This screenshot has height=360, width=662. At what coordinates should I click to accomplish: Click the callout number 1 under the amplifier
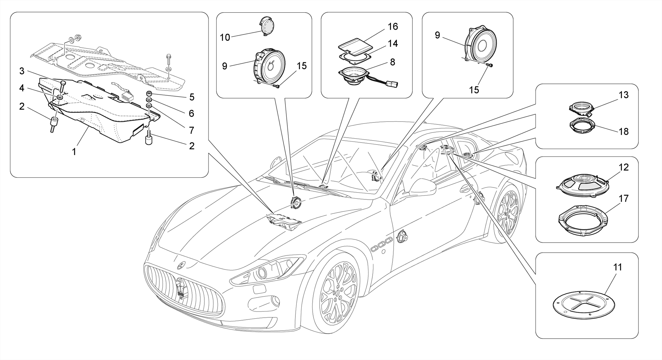click(74, 151)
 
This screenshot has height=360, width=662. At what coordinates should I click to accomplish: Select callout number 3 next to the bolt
click(22, 71)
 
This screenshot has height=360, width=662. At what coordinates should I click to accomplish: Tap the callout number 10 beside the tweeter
click(225, 37)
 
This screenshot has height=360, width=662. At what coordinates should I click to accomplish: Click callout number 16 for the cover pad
click(393, 26)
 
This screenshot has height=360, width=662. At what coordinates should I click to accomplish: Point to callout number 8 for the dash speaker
click(392, 62)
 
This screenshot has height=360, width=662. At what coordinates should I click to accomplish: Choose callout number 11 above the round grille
click(617, 267)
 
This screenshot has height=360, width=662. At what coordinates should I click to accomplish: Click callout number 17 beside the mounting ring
click(624, 198)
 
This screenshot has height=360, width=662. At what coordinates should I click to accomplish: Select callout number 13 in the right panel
click(624, 95)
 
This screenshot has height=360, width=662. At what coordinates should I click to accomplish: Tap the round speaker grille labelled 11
click(584, 304)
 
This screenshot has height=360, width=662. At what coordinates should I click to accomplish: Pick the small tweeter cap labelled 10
click(267, 26)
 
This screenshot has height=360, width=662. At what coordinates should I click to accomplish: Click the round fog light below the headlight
click(275, 301)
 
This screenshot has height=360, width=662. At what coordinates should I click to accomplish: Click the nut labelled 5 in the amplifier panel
click(149, 94)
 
